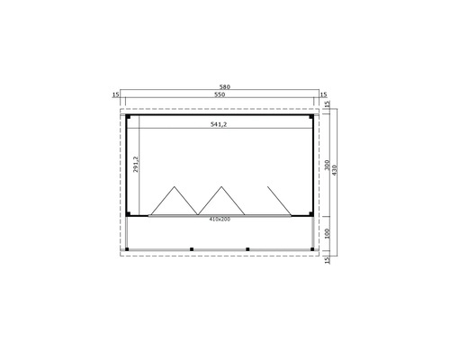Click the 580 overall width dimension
tap(225, 86)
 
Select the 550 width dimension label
tap(220, 94)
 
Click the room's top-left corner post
tap(129, 116)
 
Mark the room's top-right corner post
tap(313, 116)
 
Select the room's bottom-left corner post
tap(129, 215)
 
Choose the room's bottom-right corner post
tap(313, 215)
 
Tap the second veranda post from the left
tap(191, 248)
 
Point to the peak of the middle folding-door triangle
tap(220, 187)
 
